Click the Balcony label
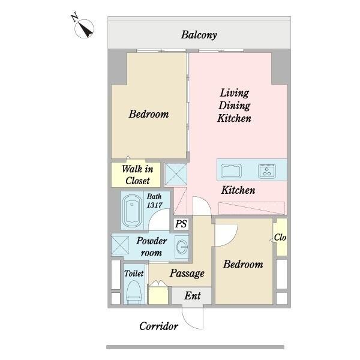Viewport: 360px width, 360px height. click(199, 35)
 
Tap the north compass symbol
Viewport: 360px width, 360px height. click(83, 26)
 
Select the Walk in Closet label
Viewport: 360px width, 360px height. click(137, 175)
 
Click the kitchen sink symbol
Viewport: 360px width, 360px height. click(231, 171)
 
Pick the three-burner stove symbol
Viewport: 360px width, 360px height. click(267, 171)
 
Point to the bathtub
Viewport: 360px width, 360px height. click(132, 211)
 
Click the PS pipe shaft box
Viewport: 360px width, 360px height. click(181, 224)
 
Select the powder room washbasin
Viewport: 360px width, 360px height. click(182, 247)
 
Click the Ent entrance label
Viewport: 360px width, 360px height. click(193, 296)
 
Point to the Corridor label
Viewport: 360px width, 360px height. click(158, 326)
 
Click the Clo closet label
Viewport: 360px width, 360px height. click(280, 238)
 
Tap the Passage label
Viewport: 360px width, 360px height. click(187, 273)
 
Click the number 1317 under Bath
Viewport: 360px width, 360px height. click(155, 205)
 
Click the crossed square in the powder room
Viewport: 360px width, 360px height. click(120, 245)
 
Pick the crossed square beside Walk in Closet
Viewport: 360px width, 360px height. click(176, 174)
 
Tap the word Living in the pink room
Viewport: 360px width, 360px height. click(235, 94)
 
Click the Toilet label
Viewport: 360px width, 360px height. click(134, 274)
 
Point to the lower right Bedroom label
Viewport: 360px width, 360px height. click(243, 265)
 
